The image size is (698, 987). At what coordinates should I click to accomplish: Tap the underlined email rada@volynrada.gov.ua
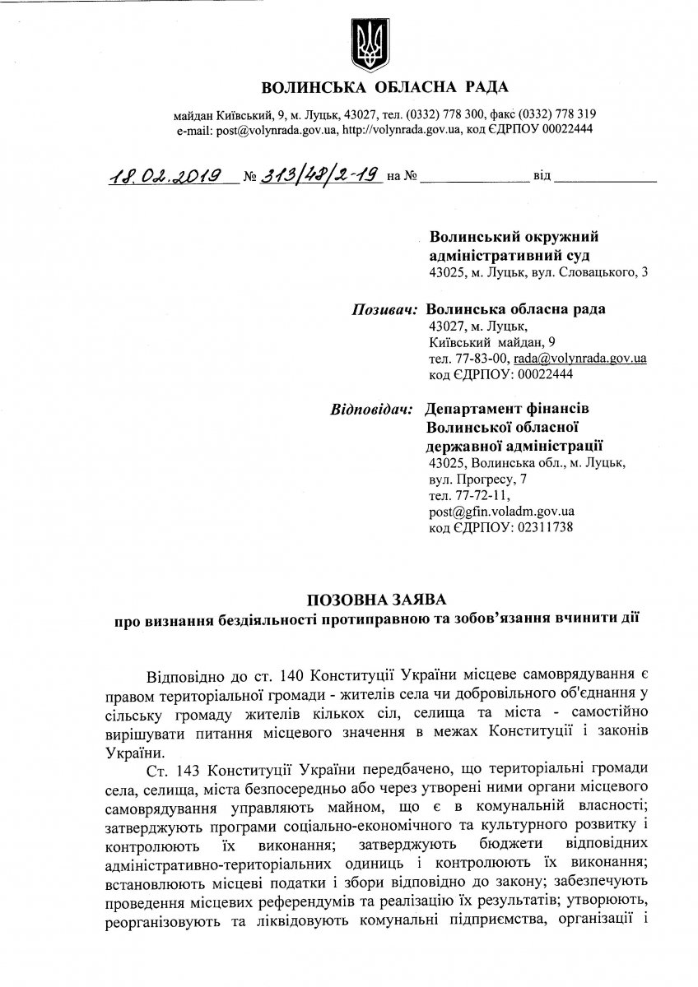(x=579, y=359)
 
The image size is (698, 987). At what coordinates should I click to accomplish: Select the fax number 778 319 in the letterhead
(x=575, y=114)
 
